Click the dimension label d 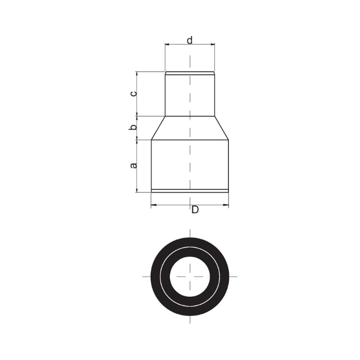[190, 40]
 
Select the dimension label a [133, 165]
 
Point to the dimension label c [133, 94]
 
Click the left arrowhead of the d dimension [167, 44]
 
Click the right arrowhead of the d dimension [212, 44]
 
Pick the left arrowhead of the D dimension [153, 205]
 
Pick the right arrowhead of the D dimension [226, 205]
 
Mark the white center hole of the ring [190, 277]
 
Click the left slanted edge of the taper [158, 128]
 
